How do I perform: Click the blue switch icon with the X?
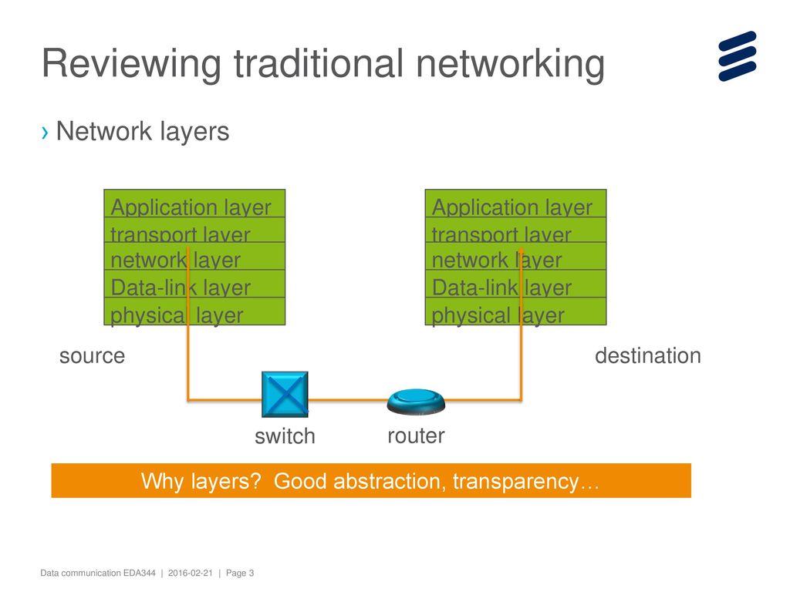click(x=285, y=394)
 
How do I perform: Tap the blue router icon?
click(x=416, y=402)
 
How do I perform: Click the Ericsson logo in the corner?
click(x=738, y=55)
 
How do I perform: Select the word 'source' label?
click(x=93, y=356)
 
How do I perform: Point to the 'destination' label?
click(x=648, y=355)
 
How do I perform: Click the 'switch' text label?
click(x=285, y=436)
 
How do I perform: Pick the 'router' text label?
click(x=416, y=436)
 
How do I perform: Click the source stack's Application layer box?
click(x=194, y=203)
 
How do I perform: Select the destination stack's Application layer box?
click(x=516, y=203)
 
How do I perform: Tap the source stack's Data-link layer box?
click(x=194, y=284)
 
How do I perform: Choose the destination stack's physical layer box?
click(x=516, y=311)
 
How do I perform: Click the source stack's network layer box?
click(x=194, y=256)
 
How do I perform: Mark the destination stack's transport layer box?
click(x=516, y=230)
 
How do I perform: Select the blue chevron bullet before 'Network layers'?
click(x=46, y=133)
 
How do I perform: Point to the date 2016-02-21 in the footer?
click(x=191, y=573)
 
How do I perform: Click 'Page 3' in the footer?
click(x=240, y=573)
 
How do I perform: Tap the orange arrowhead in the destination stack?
click(x=521, y=251)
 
